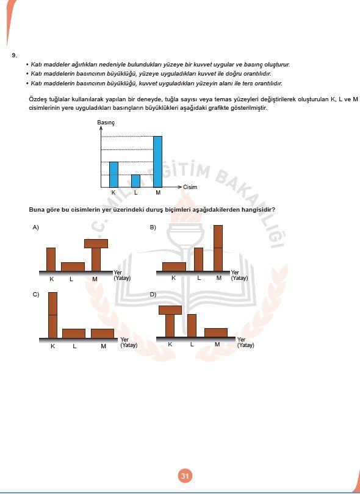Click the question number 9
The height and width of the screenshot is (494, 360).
click(x=13, y=55)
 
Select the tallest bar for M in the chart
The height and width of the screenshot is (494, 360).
click(x=157, y=161)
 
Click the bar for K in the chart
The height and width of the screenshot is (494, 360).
click(x=113, y=174)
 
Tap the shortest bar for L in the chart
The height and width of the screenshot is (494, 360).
click(x=135, y=181)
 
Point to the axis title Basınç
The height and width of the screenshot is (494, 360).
click(x=106, y=123)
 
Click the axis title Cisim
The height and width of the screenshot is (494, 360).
click(x=190, y=187)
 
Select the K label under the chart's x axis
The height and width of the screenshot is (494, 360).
click(x=113, y=193)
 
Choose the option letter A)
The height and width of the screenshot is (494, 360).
click(x=36, y=227)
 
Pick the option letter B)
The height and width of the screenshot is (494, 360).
click(x=153, y=227)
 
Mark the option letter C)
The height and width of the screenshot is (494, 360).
click(x=36, y=295)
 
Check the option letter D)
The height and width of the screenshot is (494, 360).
click(x=153, y=295)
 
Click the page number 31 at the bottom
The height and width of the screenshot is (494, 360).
click(x=185, y=476)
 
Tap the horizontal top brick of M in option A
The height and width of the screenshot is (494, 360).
click(x=96, y=243)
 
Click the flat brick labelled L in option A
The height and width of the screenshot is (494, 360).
click(x=73, y=266)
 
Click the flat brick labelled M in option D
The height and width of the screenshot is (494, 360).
click(x=216, y=332)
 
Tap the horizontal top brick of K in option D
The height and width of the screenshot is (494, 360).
click(x=170, y=310)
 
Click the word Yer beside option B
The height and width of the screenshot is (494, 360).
click(x=234, y=273)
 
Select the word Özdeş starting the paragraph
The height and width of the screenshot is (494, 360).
click(x=37, y=99)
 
